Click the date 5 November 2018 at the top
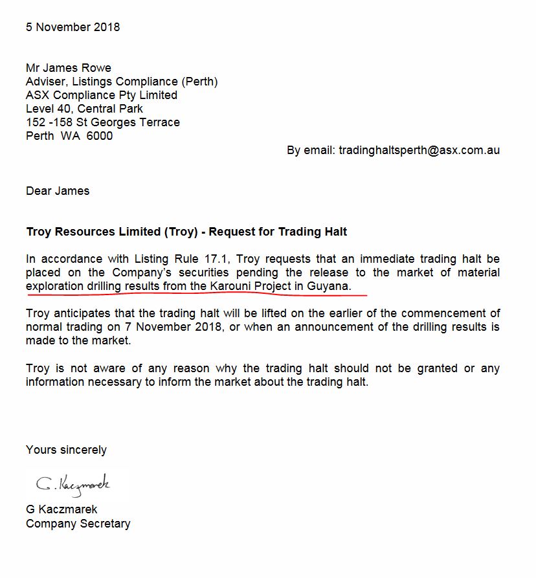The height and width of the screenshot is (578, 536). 73,27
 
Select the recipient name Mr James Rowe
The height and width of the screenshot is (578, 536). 69,68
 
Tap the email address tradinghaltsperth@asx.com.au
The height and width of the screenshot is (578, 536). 419,150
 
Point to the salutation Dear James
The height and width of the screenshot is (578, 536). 58,191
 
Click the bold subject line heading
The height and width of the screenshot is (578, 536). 186,232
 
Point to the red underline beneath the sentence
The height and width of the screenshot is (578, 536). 194,294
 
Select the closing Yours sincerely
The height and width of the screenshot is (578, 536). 66,450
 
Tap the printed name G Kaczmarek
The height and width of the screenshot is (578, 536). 61,509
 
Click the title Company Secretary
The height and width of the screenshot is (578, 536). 78,524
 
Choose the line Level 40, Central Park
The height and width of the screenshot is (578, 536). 84,109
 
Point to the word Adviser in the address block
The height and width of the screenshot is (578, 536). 47,82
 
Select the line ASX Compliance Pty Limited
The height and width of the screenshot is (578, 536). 101,95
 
